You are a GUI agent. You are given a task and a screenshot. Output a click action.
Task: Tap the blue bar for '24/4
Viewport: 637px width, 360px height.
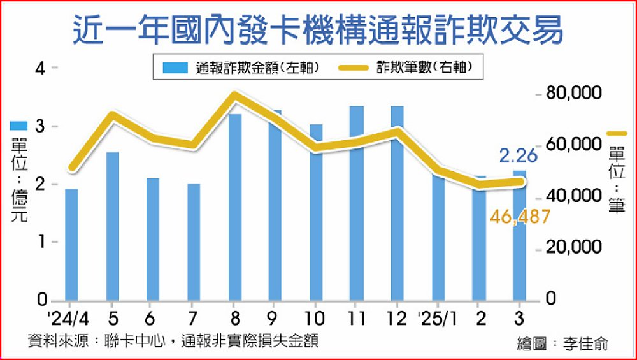click(x=71, y=245)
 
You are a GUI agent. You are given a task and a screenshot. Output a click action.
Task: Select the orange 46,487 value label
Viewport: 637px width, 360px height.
click(x=520, y=217)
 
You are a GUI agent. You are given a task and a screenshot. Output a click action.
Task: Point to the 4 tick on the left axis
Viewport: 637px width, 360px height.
click(x=40, y=68)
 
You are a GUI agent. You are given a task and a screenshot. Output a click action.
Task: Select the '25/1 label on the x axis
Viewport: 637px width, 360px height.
click(x=437, y=317)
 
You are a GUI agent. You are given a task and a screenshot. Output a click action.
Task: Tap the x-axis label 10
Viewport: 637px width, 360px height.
click(x=316, y=317)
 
